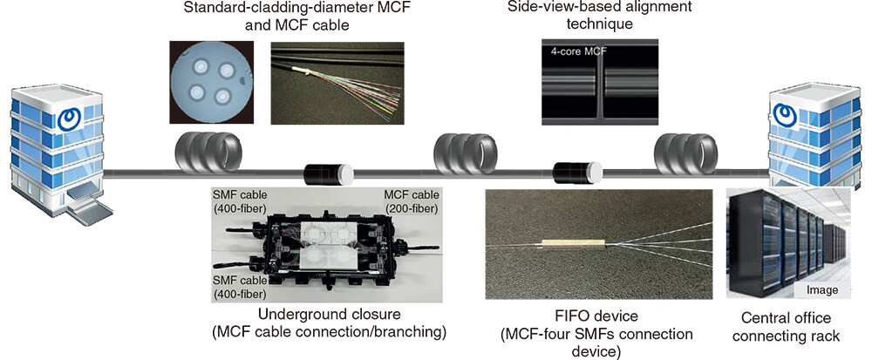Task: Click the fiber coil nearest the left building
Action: (x=208, y=150)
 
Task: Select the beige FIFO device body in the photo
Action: (x=574, y=243)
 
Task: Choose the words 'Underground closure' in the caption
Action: (x=330, y=315)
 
